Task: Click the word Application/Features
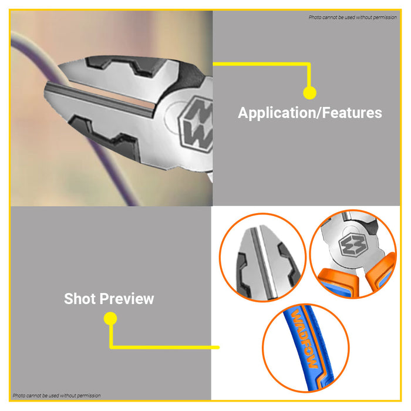(310, 113)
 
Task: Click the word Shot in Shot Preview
(80, 298)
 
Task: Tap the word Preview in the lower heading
(127, 298)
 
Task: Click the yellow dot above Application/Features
(309, 93)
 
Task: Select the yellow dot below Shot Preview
(110, 318)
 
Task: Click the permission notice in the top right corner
(352, 17)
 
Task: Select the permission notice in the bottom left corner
(56, 396)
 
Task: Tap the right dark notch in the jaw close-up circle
(289, 265)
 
